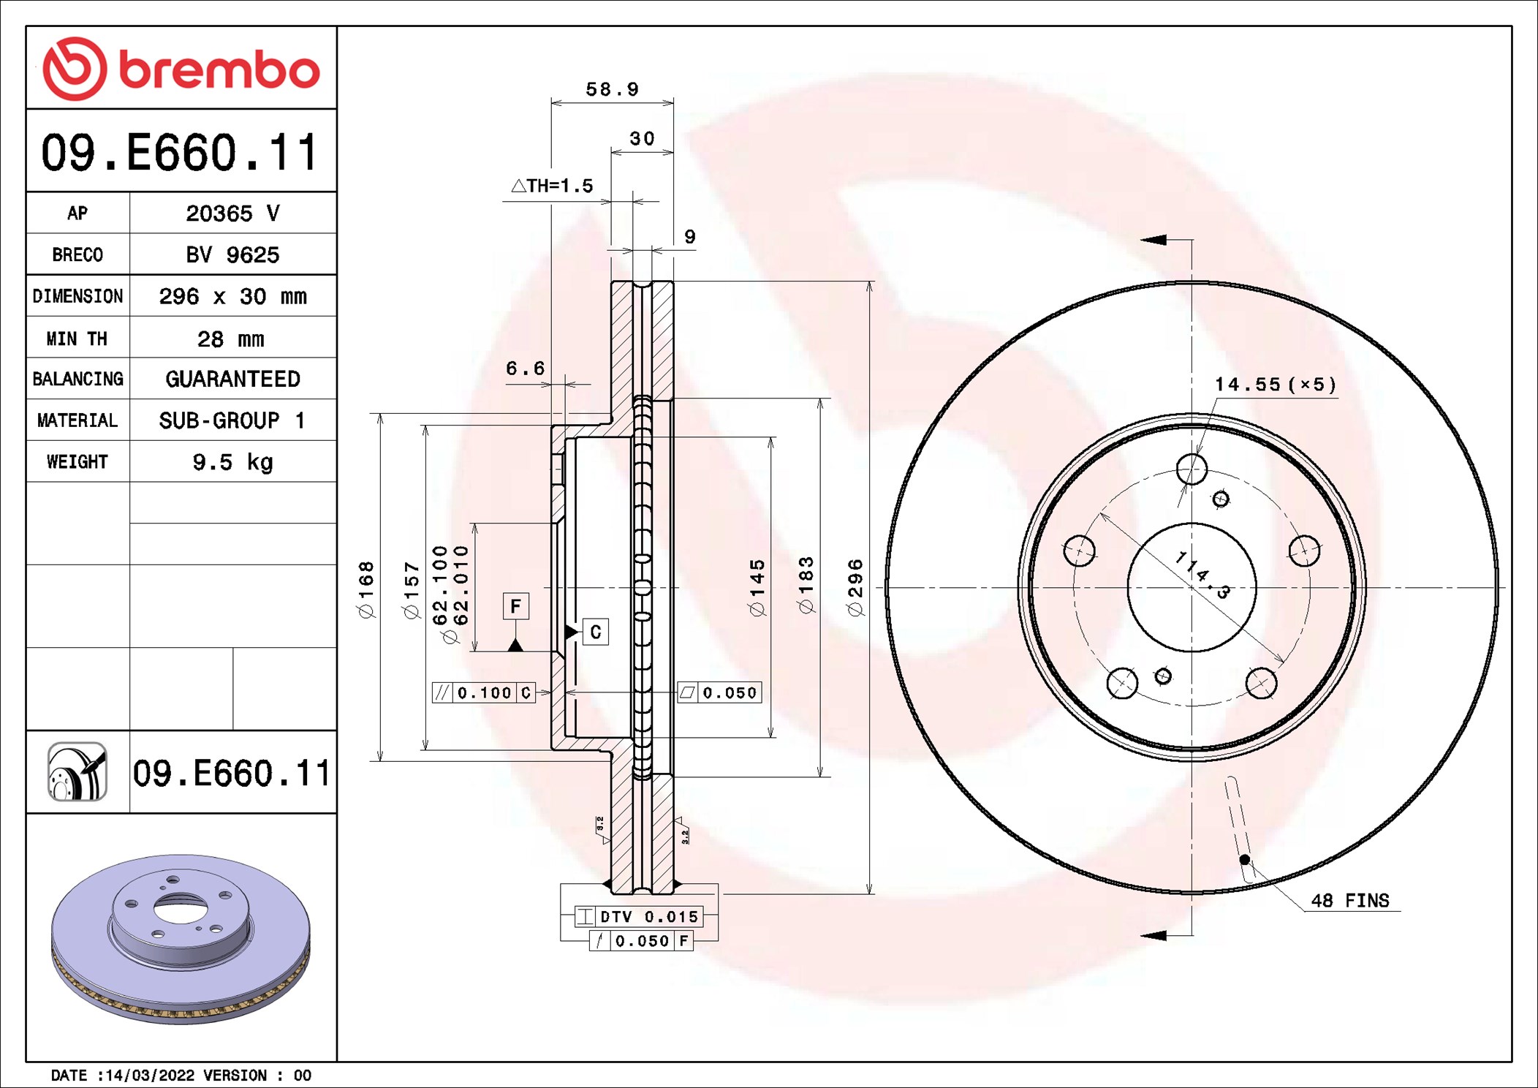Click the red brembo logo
(181, 69)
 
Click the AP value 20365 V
(232, 214)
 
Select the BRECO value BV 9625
(232, 254)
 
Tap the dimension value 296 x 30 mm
(232, 296)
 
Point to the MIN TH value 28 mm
(231, 339)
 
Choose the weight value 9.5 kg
(232, 462)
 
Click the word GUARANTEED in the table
(232, 379)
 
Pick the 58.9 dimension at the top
(613, 89)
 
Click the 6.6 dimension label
(525, 368)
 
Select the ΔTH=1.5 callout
(552, 186)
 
